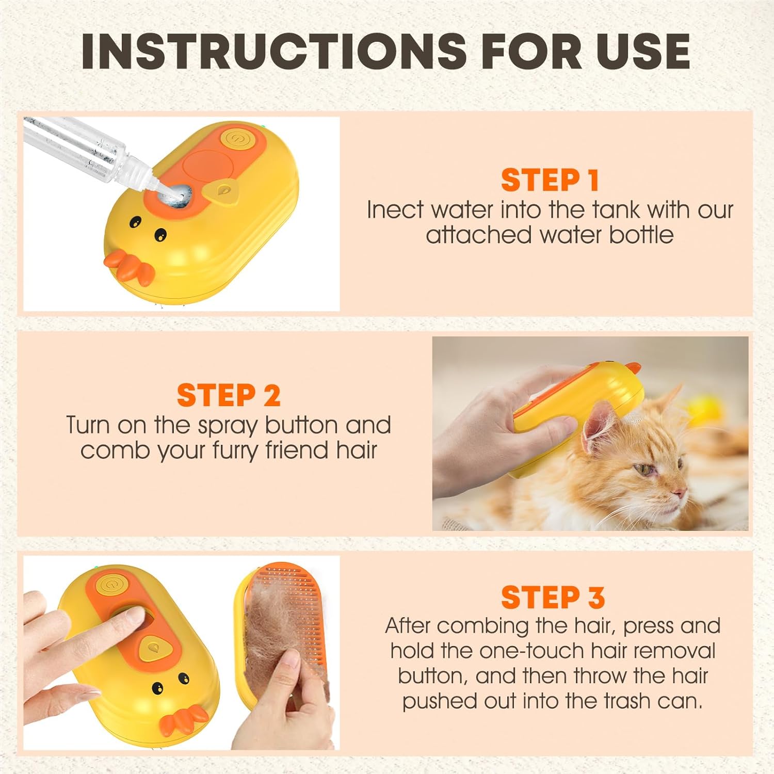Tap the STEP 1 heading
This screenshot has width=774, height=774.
(550, 180)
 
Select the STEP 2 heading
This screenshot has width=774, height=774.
(229, 396)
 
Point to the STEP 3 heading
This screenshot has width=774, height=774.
(553, 597)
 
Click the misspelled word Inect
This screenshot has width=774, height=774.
(395, 210)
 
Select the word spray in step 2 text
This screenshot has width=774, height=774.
(228, 426)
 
